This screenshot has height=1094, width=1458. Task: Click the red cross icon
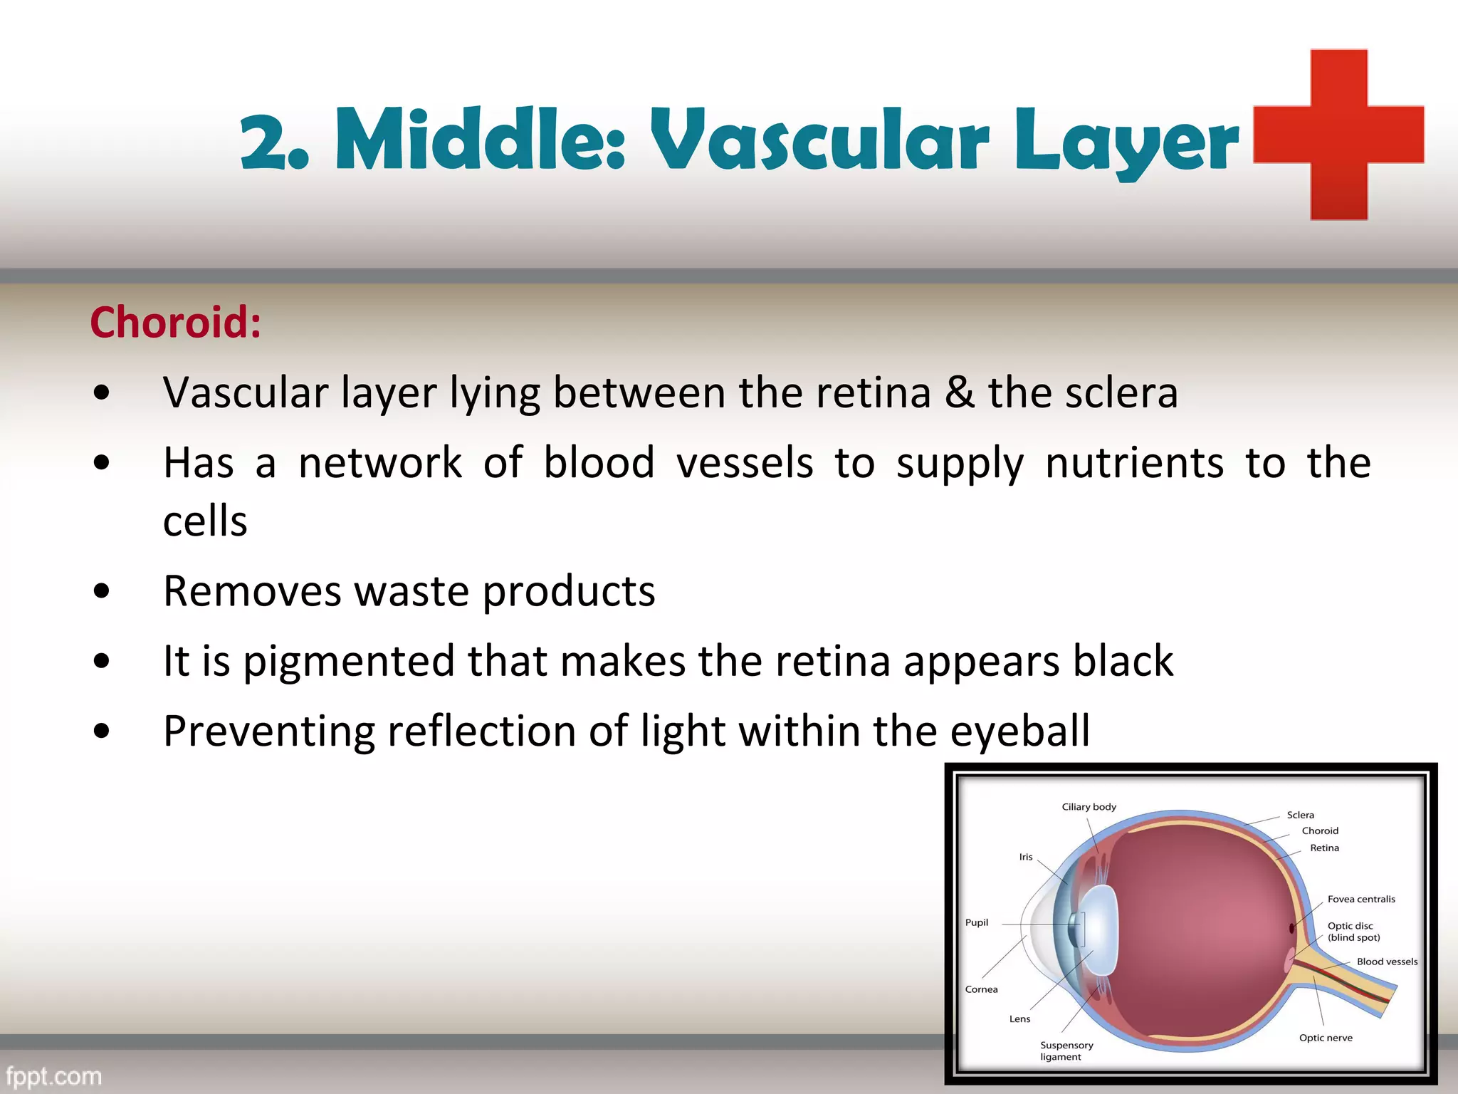(1338, 135)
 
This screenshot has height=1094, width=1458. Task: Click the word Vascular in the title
(819, 140)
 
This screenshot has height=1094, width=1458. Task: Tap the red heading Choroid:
(176, 323)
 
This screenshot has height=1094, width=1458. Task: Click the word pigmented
(348, 662)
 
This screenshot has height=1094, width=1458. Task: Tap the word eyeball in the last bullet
(1019, 731)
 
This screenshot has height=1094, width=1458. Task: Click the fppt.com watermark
(53, 1075)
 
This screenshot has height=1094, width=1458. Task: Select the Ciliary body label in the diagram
(1089, 807)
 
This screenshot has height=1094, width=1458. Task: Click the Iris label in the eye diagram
(1025, 857)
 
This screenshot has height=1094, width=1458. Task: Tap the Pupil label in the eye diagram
(976, 922)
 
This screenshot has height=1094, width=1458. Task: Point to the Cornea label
(981, 989)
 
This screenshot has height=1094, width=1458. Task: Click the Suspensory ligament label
(1066, 1051)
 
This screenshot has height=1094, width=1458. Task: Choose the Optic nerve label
(1325, 1038)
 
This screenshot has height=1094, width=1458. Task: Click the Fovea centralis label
(1360, 899)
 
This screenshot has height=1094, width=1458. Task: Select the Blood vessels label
(1386, 962)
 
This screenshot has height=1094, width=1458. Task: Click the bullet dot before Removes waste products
(102, 590)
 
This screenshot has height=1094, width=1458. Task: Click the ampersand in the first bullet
(959, 393)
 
